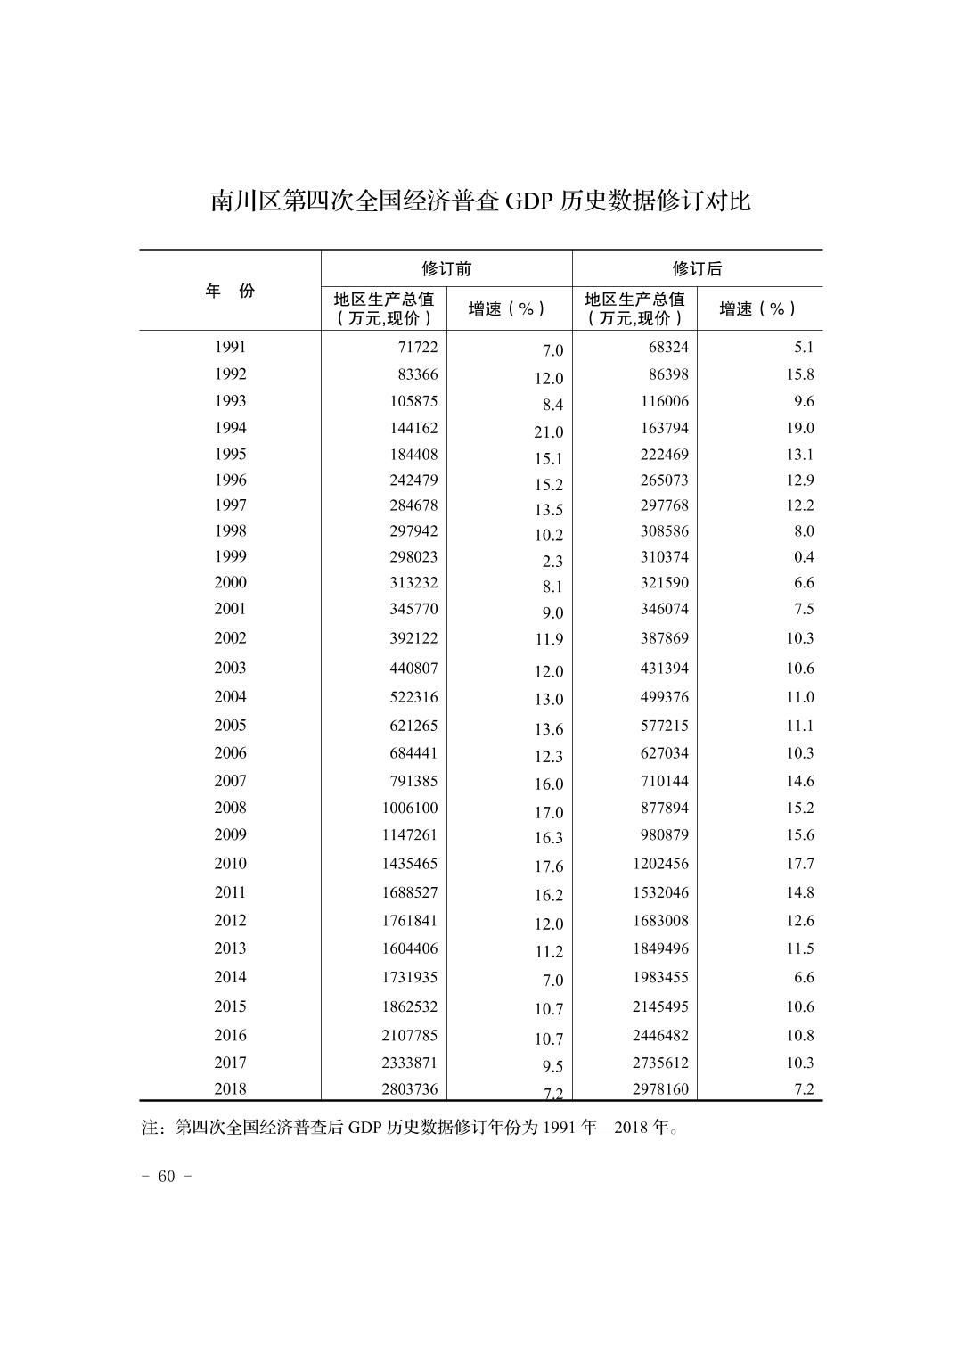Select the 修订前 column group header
446,268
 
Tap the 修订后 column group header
697,268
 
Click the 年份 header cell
230,291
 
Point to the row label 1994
230,428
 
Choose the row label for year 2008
230,808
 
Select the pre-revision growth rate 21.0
549,432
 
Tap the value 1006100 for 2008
406,808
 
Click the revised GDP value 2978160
661,1088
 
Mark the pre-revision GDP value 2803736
406,1088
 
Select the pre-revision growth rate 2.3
552,562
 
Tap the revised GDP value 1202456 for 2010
661,863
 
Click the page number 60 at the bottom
167,1176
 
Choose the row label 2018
230,1088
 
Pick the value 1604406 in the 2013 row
406,948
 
